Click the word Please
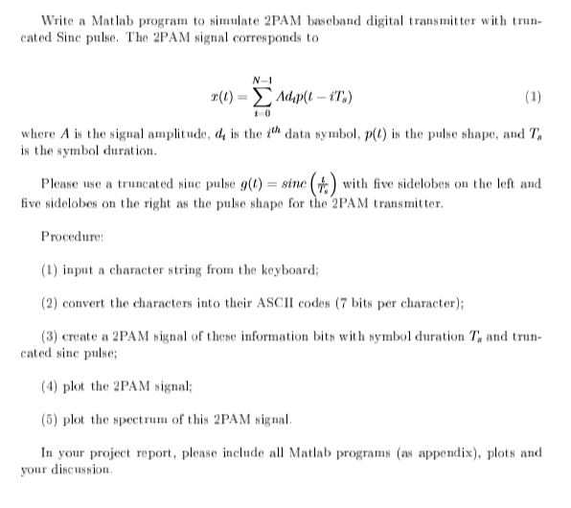click(61, 184)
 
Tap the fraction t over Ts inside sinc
click(310, 183)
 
